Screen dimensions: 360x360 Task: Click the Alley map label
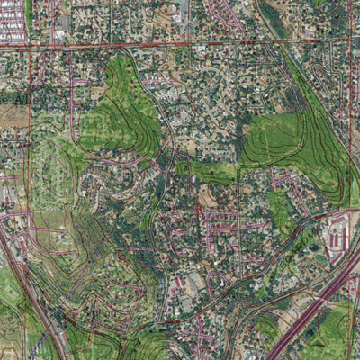[19, 97]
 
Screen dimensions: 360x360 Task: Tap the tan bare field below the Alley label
[13, 115]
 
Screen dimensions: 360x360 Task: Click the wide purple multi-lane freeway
[310, 306]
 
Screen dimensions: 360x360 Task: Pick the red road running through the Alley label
[30, 97]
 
